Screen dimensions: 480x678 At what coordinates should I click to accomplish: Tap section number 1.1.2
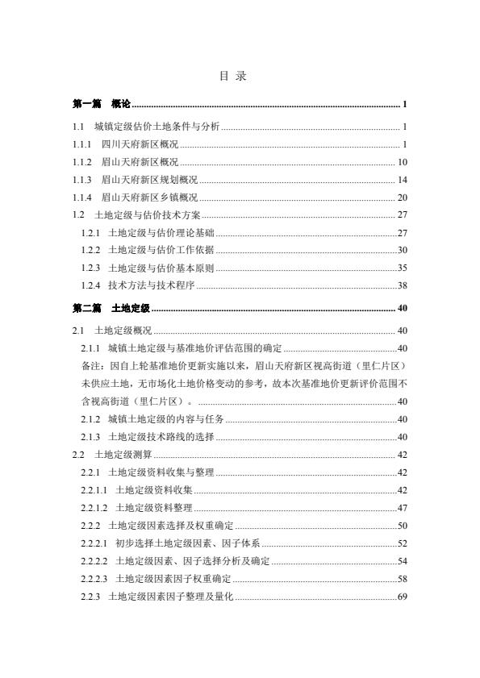pyautogui.click(x=83, y=162)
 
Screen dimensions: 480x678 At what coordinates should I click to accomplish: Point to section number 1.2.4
pyautogui.click(x=91, y=285)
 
